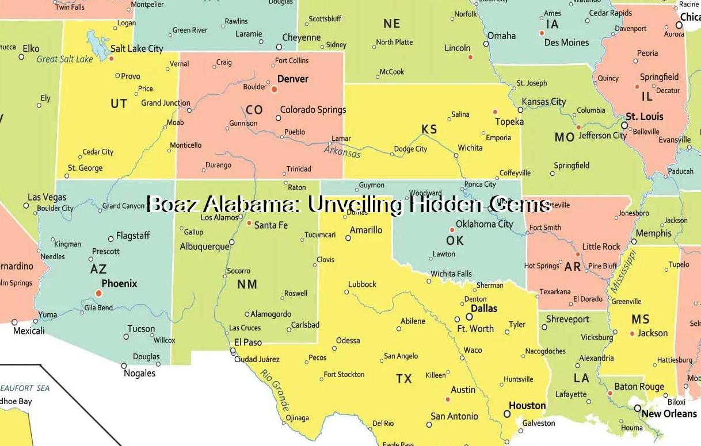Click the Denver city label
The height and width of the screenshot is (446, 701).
click(x=292, y=79)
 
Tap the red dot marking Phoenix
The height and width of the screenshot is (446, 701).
click(x=98, y=293)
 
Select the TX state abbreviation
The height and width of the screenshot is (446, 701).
click(x=404, y=378)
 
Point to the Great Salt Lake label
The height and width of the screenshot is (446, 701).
click(x=64, y=59)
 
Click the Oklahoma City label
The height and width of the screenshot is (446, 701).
click(x=484, y=224)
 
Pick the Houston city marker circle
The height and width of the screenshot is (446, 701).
click(x=507, y=414)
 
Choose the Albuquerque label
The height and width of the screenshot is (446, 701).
click(x=204, y=246)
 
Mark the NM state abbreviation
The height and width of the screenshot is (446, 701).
click(x=247, y=284)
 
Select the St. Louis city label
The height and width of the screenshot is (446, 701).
click(x=645, y=117)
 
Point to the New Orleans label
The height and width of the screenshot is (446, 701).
click(x=669, y=414)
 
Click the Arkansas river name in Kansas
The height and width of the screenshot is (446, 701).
click(x=342, y=152)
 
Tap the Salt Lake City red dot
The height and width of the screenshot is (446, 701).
click(x=112, y=58)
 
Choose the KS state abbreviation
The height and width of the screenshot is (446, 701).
click(x=429, y=129)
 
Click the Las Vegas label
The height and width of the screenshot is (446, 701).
click(x=47, y=197)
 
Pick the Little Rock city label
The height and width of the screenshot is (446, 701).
click(x=601, y=247)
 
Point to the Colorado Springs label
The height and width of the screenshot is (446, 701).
click(x=313, y=110)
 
